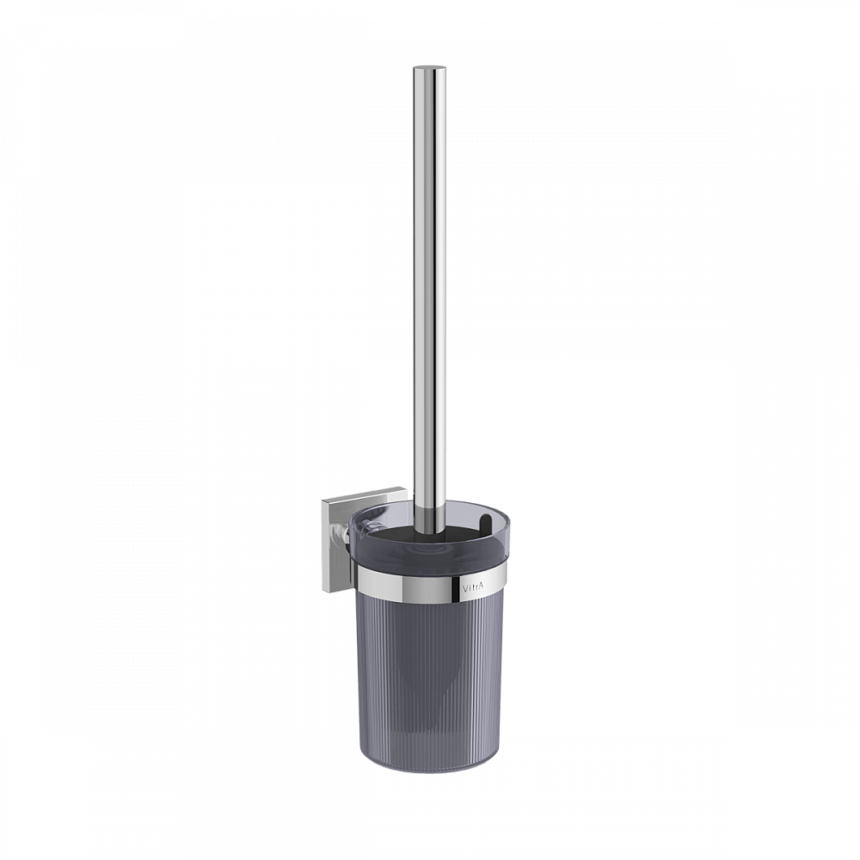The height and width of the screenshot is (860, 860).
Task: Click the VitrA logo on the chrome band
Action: tap(474, 587)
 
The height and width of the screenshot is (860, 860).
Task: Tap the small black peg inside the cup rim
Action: tap(483, 525)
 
